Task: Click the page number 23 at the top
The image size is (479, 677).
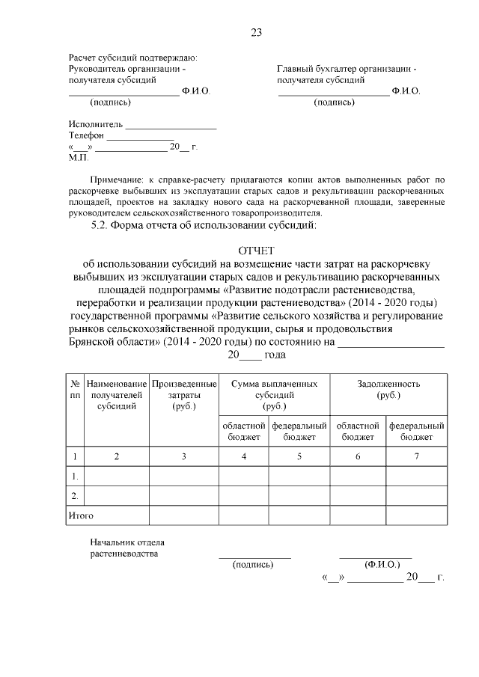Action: coord(256,31)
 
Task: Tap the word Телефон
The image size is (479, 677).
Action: coord(86,136)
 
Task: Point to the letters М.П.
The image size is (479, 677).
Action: coord(78,159)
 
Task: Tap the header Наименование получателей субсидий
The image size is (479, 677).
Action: coord(117,395)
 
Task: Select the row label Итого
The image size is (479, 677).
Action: coord(81,515)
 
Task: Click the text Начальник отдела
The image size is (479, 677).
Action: coord(127,542)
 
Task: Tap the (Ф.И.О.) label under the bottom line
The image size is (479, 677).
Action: coord(382,565)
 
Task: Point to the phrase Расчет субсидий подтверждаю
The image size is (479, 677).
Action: coord(132,58)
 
